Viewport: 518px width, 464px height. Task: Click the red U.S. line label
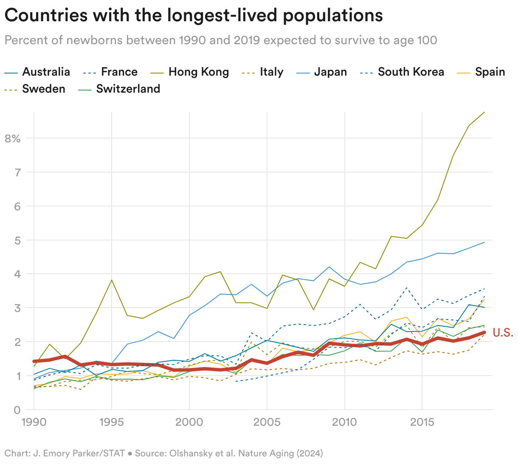(x=503, y=333)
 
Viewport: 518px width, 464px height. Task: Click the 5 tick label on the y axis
(x=17, y=240)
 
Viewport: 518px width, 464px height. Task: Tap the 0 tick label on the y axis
(x=17, y=410)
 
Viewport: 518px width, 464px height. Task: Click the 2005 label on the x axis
(x=267, y=422)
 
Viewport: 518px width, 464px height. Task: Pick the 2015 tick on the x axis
(x=422, y=422)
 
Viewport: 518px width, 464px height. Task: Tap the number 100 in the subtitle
(x=426, y=40)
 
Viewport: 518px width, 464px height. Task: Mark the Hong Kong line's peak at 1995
(x=111, y=280)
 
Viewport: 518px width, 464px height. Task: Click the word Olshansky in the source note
(x=192, y=453)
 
